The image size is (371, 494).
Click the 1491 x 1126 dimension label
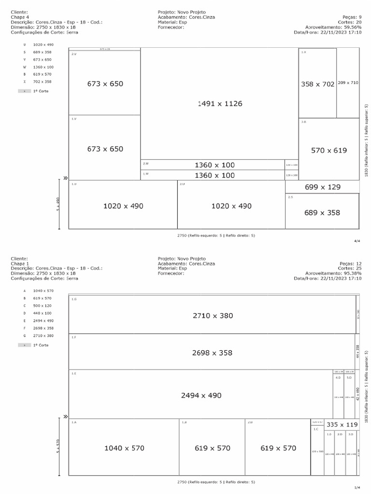(220, 104)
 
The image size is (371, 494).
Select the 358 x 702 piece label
(317, 84)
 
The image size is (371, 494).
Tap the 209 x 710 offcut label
(348, 83)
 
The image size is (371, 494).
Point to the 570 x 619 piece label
(328, 151)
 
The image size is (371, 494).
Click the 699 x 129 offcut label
(322, 187)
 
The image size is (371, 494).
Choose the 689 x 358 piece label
(322, 212)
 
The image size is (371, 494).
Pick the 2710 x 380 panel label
(213, 316)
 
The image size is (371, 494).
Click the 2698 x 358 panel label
(212, 353)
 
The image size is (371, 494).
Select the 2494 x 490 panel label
(201, 395)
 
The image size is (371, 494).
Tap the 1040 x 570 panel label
(124, 448)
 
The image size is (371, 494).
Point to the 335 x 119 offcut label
(342, 425)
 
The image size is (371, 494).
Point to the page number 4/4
(357, 240)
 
